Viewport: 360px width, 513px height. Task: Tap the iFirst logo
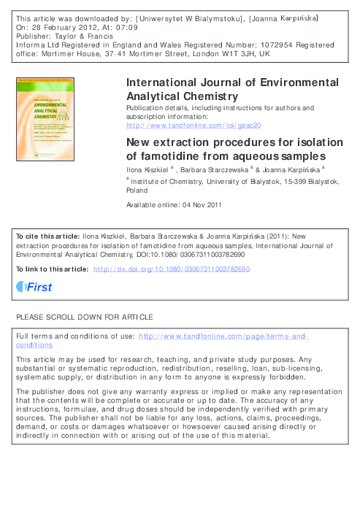pyautogui.click(x=34, y=288)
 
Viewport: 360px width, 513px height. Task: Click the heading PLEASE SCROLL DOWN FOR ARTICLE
pyautogui.click(x=85, y=317)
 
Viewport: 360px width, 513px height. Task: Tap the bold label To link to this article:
pyautogui.click(x=52, y=269)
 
